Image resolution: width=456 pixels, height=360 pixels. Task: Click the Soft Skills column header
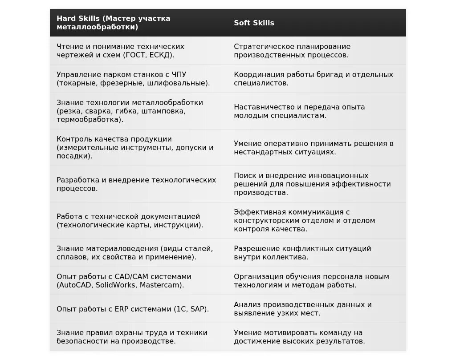(254, 23)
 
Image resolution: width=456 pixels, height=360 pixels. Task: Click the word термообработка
(89, 120)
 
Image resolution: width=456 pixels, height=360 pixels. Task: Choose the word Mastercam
(160, 285)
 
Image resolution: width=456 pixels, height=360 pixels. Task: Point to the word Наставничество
(262, 107)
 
